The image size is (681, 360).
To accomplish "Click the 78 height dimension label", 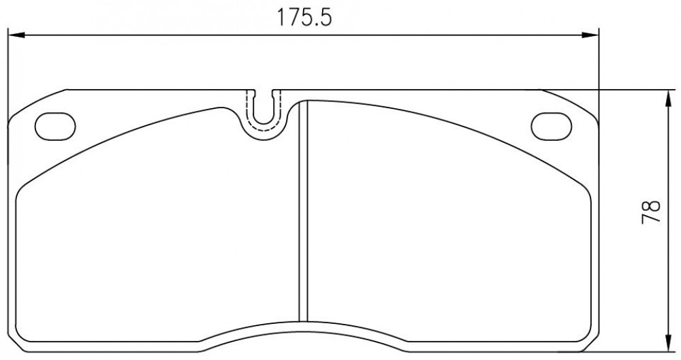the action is coord(650,212).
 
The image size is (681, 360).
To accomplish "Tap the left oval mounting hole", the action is coord(55,127).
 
